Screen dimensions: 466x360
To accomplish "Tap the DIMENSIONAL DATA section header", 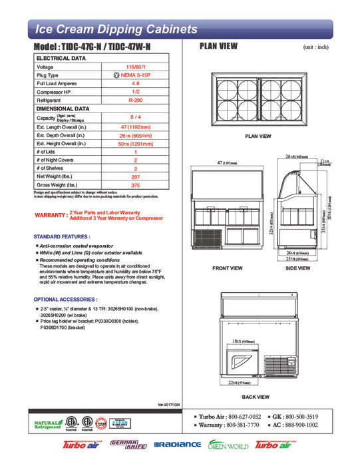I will [63, 108].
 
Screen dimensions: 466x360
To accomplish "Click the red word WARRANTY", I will [49, 215].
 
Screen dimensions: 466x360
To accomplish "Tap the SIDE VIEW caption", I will [297, 268].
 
